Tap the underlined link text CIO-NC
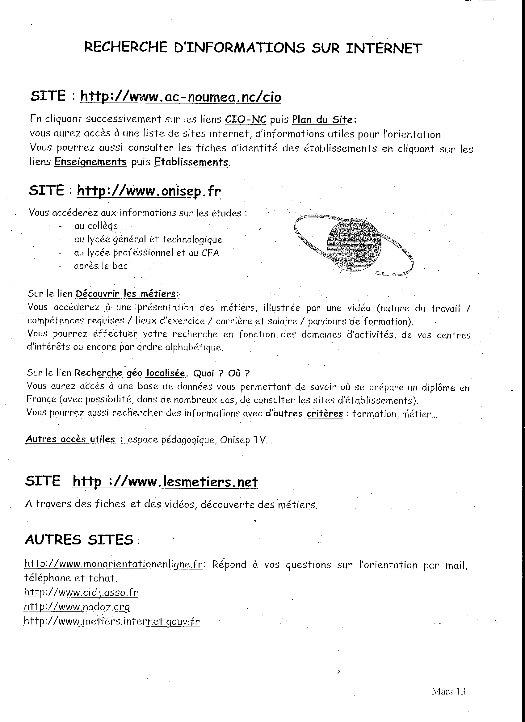click(246, 119)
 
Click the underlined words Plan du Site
click(324, 120)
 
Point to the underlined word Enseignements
click(91, 162)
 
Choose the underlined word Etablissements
click(191, 162)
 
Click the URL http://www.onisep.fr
click(149, 191)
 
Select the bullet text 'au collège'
click(96, 226)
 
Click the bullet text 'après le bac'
click(101, 266)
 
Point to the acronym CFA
click(210, 253)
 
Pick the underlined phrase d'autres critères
click(304, 413)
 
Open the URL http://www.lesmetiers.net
click(165, 481)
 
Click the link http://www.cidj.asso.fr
click(81, 592)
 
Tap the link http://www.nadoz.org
click(77, 607)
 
